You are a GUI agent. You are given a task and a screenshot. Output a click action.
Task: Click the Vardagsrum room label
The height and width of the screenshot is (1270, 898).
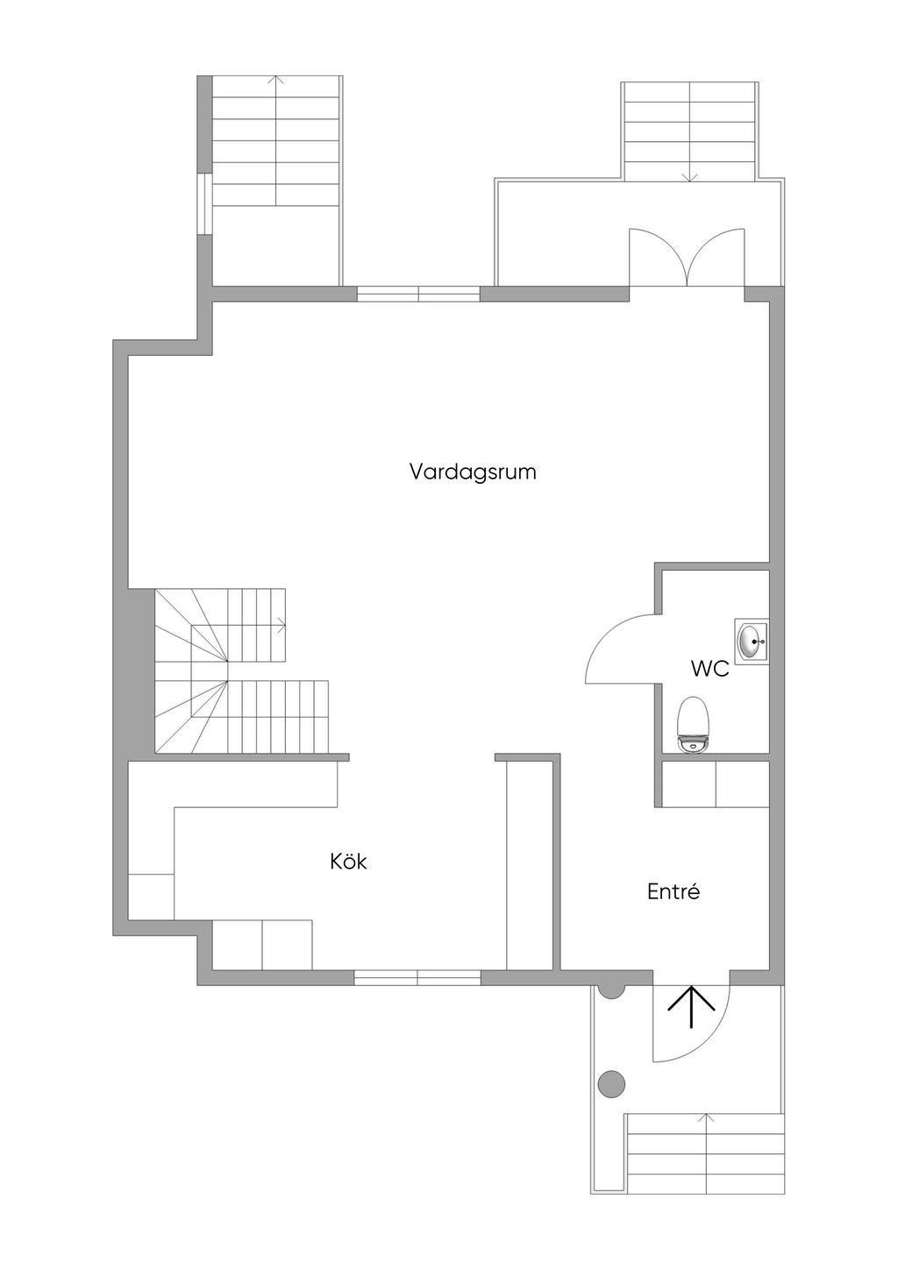473,472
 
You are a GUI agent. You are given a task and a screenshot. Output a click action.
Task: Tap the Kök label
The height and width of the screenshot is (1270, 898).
348,862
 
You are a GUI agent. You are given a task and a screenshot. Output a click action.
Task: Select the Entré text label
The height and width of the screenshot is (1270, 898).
673,892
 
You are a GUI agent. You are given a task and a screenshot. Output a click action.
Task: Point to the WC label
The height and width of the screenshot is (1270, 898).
709,670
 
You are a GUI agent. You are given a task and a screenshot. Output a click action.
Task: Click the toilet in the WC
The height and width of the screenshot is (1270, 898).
694,724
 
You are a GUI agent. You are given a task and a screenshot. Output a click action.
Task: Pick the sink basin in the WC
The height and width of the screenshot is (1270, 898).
752,641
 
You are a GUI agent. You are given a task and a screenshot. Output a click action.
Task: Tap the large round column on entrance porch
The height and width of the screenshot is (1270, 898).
611,1084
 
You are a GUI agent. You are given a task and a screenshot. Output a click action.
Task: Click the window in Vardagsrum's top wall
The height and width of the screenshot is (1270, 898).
418,294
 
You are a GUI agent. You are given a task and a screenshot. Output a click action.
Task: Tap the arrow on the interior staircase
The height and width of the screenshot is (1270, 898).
282,626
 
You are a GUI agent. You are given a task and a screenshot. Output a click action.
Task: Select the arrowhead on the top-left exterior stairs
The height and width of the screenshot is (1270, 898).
277,80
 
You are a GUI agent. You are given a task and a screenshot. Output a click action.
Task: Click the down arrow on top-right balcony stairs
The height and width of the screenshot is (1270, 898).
690,176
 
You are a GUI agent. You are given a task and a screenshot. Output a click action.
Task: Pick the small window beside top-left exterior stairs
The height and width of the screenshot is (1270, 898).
203,204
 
